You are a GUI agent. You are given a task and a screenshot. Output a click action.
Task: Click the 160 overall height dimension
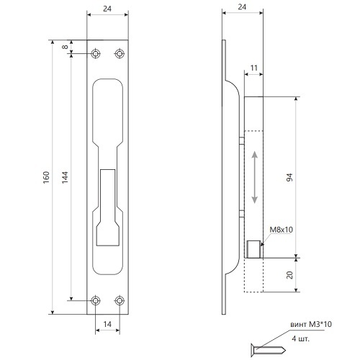[46, 177]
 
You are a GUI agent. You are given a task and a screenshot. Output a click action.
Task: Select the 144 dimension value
[65, 177]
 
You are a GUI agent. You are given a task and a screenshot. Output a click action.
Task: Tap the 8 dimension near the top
[65, 47]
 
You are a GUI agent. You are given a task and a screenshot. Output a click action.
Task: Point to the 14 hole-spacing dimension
[107, 324]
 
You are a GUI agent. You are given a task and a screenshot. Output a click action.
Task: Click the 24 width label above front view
[107, 9]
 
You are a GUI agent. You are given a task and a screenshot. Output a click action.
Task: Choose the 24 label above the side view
[242, 7]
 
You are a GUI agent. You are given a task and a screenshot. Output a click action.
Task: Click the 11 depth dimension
[254, 68]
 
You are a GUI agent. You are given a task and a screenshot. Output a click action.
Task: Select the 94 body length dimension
[290, 177]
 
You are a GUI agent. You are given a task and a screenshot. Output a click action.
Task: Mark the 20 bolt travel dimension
[290, 275]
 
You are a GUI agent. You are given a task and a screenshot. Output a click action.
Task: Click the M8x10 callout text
[282, 230]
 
